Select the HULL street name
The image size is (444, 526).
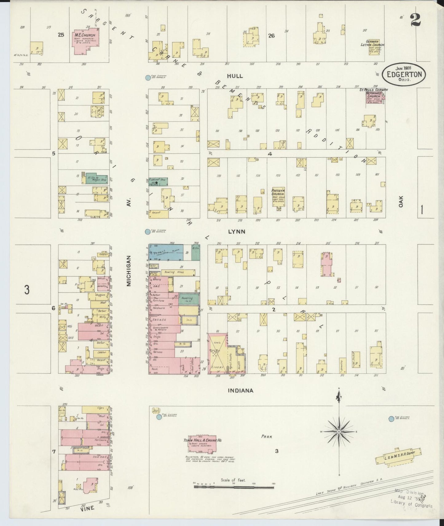tap(235, 76)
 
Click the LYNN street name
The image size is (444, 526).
tap(237, 232)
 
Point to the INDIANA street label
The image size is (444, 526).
tap(241, 391)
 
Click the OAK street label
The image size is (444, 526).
tap(401, 201)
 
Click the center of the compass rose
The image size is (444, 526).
tap(339, 432)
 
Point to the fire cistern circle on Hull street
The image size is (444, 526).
tap(148, 78)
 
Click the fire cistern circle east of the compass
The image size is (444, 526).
tap(391, 419)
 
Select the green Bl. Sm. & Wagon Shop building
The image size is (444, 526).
tap(95, 178)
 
